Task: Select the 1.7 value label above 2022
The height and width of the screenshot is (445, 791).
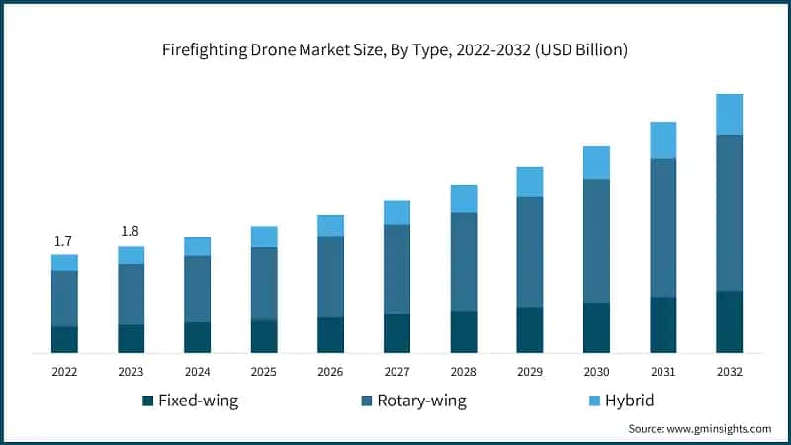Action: pos(63,241)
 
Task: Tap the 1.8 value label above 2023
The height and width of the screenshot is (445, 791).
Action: pos(130,231)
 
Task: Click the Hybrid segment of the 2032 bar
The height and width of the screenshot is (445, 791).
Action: pos(729,115)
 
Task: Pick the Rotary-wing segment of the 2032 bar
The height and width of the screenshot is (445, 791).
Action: pos(729,213)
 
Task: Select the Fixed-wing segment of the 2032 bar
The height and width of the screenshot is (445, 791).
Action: pos(729,321)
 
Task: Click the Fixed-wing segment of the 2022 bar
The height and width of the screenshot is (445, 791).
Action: pos(64,339)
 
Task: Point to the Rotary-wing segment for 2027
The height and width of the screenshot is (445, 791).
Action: pos(396,269)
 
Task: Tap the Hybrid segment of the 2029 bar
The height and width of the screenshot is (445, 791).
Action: pos(530,181)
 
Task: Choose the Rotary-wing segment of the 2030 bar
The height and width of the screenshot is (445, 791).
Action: pos(596,240)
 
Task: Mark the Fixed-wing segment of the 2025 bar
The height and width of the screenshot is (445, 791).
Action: pos(264,336)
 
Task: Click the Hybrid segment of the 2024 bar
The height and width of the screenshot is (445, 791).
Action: pos(198,246)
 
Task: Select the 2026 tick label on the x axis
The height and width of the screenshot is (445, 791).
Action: pos(330,371)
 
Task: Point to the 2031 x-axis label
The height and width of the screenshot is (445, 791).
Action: pos(662,371)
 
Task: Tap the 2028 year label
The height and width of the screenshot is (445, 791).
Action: pos(463,371)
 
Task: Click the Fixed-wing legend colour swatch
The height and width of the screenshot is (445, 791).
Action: pos(148,400)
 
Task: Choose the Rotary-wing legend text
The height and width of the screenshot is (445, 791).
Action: pos(419,400)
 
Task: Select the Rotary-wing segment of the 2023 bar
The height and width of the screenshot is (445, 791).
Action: pos(131,294)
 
